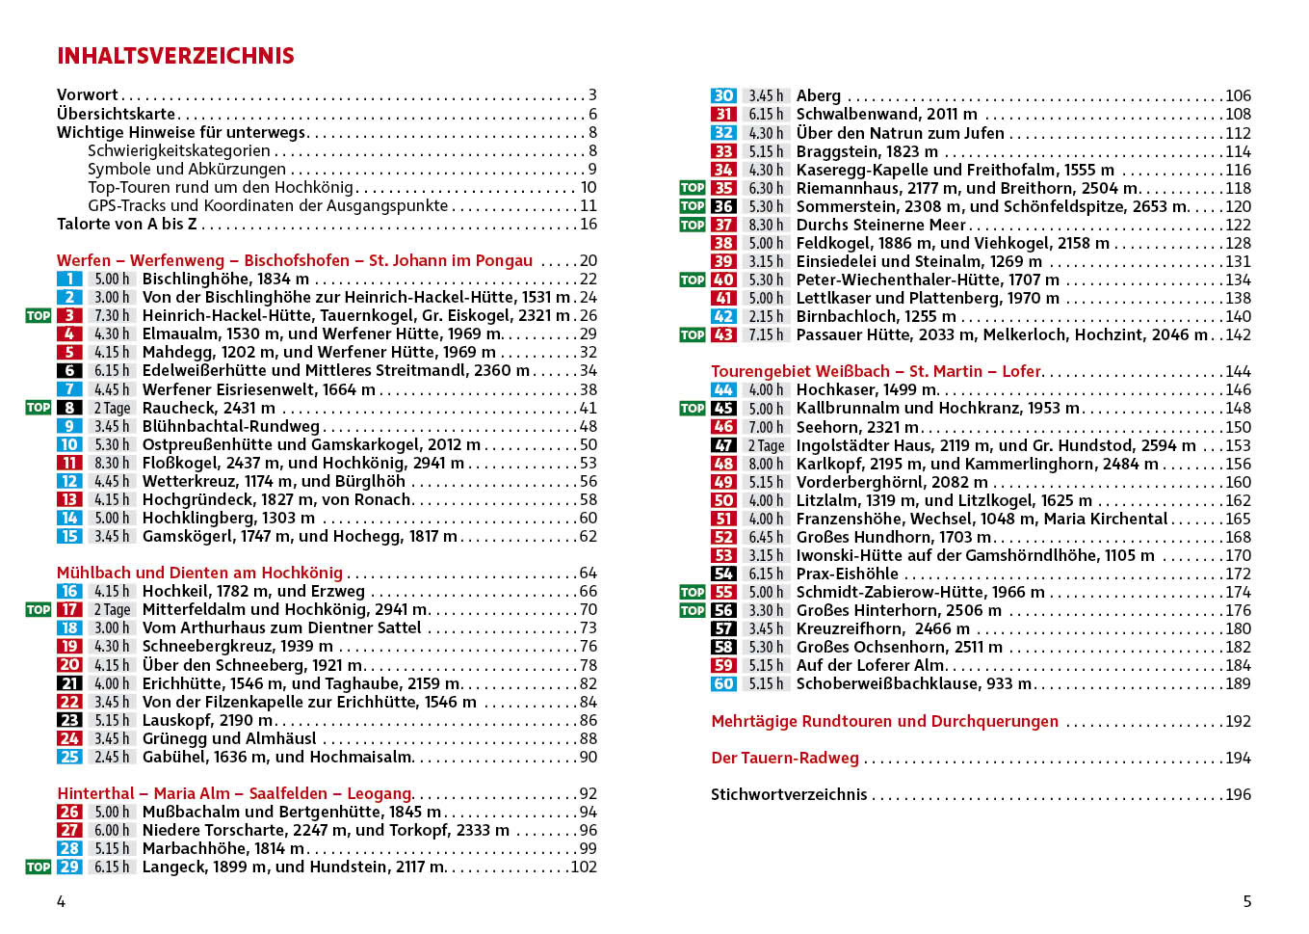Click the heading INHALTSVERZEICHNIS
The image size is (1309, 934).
175,56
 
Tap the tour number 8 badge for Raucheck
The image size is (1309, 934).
69,408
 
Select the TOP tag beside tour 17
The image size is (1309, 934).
39,609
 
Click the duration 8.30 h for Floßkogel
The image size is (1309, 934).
112,464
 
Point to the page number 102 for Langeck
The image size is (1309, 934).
584,867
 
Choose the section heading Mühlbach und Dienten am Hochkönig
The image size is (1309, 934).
199,573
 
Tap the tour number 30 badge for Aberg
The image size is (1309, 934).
723,95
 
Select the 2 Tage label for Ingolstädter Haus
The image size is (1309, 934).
766,445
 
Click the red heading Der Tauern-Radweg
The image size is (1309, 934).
785,758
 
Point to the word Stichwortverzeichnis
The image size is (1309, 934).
789,794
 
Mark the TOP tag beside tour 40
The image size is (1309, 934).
693,280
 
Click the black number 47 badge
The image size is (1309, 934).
723,445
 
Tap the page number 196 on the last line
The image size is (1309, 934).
1238,794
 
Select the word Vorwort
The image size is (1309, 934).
88,94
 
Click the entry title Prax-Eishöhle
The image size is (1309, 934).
847,574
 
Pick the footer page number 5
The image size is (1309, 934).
1246,901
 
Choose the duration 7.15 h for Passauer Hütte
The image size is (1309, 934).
766,334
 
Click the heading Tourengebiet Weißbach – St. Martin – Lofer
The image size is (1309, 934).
877,371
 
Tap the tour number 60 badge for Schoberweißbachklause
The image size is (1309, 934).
723,683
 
